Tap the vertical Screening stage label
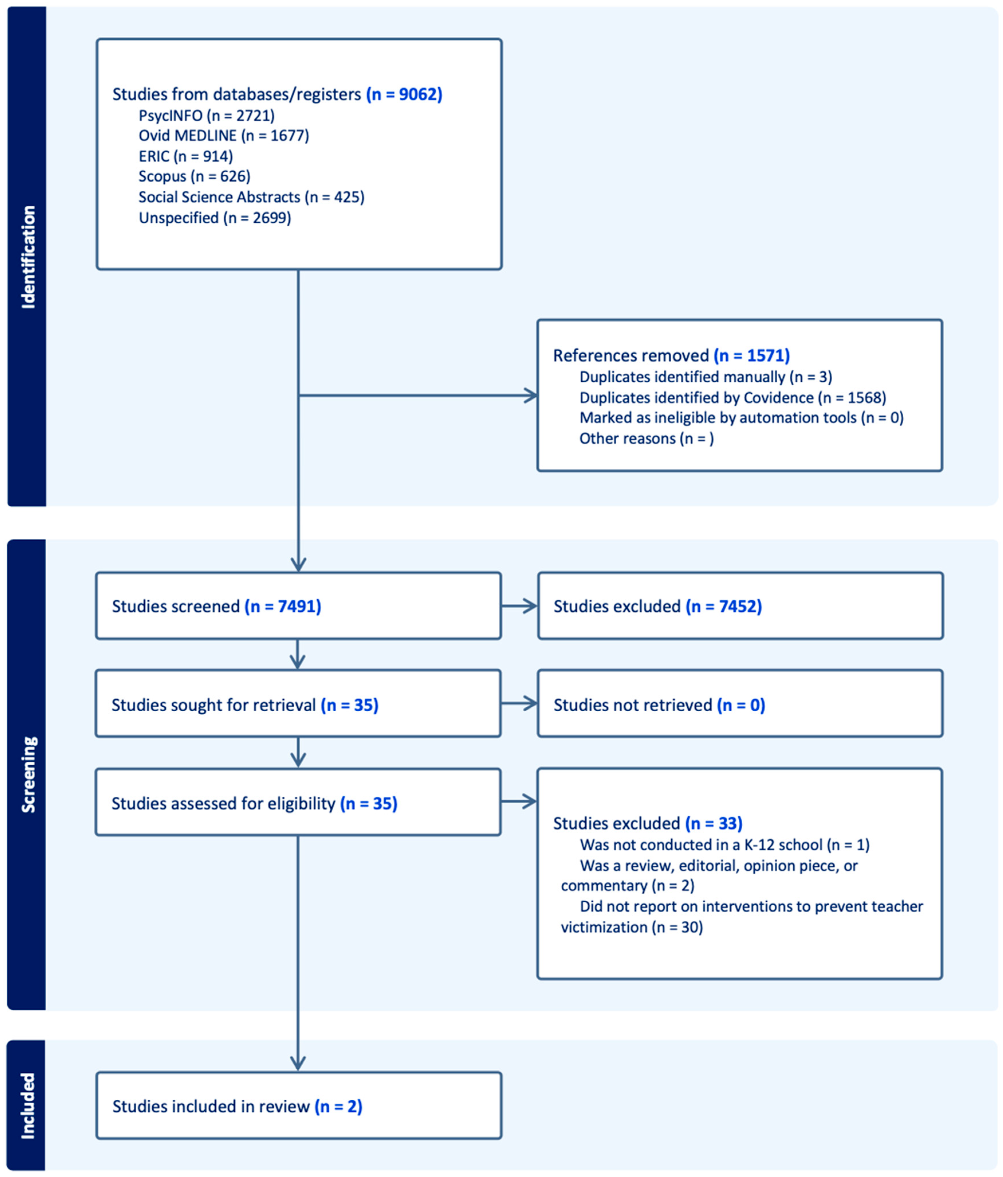pos(27,774)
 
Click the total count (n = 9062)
pos(404,94)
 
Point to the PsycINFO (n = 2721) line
pos(206,116)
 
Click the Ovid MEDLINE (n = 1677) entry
pos(223,136)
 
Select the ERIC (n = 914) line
pos(185,156)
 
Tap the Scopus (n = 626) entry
pos(194,177)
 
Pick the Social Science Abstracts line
pos(251,197)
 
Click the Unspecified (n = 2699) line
pos(215,218)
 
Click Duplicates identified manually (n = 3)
pos(705,377)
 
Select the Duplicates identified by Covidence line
pos(733,398)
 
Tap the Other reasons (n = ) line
pos(646,438)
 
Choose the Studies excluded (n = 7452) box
pos(740,606)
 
